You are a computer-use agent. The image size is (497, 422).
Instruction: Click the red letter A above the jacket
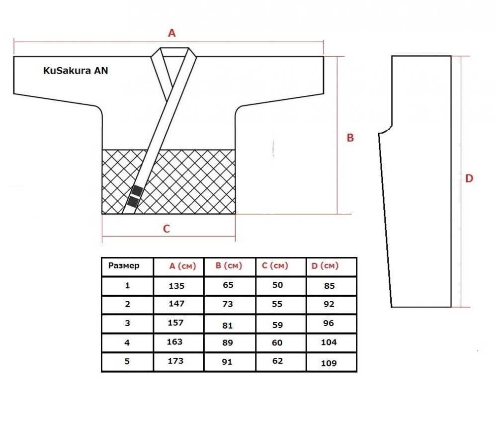[171, 33]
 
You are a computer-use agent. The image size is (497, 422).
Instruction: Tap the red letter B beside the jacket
[350, 138]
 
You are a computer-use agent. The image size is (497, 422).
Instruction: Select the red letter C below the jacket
[166, 229]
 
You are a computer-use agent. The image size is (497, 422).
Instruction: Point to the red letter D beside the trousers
[469, 178]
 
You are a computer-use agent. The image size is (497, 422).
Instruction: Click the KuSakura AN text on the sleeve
[76, 71]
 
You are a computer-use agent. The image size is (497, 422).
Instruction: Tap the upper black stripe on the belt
[137, 191]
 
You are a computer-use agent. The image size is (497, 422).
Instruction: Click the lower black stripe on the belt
[133, 202]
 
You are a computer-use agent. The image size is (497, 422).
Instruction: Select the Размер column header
[124, 265]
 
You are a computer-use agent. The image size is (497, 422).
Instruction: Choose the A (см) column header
[182, 266]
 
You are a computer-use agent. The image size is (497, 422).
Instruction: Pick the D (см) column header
[325, 266]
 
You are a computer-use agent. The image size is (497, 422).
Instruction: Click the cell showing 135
[176, 286]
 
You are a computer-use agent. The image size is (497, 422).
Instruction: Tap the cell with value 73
[228, 304]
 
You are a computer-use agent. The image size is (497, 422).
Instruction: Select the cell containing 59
[277, 325]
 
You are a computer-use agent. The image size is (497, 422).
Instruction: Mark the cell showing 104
[329, 342]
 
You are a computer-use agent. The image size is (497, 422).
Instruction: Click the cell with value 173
[175, 361]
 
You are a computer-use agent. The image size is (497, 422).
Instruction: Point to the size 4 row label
[127, 342]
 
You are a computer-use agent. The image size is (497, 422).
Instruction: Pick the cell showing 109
[329, 363]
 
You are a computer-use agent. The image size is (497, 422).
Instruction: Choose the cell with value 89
[228, 342]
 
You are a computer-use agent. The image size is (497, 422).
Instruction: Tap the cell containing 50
[277, 285]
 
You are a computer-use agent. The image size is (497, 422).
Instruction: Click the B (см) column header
[229, 265]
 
